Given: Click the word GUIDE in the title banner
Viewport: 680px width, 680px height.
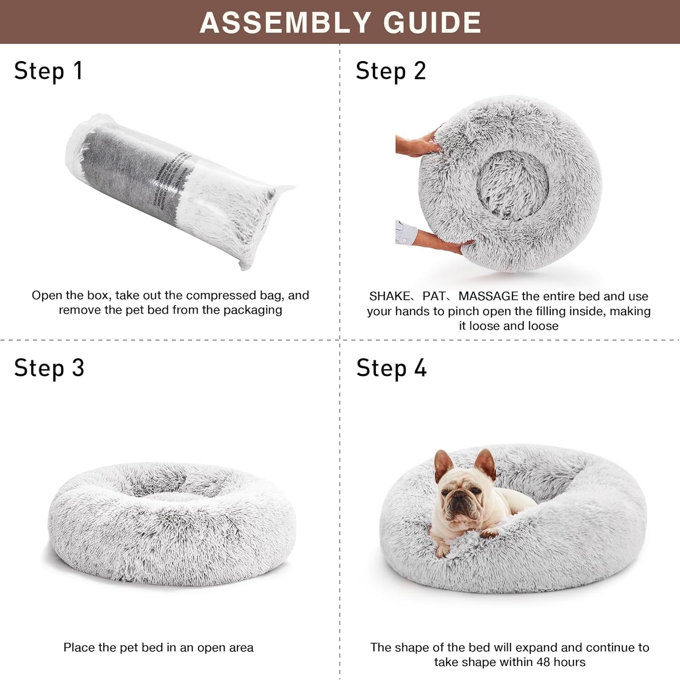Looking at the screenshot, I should [432, 22].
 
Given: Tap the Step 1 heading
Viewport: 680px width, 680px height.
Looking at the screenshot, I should [48, 71].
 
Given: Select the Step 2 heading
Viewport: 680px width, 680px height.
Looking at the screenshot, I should [391, 71].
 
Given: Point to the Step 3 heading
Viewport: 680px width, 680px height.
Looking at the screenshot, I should [49, 368].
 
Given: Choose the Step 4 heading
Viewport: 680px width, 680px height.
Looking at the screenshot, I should [391, 368].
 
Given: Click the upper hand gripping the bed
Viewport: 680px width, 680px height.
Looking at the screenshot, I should [417, 144].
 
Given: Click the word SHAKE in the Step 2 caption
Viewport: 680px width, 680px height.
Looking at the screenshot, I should [389, 296].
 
